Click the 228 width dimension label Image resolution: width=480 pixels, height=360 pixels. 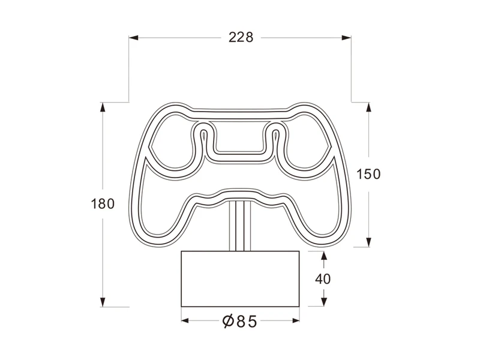coord(241,37)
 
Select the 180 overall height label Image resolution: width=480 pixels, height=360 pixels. coord(102,203)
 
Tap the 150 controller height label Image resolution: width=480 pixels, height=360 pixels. coord(368,174)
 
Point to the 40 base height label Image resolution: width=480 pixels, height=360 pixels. coord(323,278)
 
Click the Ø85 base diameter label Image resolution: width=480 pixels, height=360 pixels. coord(239,322)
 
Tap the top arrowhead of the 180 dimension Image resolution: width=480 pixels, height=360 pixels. coord(103,108)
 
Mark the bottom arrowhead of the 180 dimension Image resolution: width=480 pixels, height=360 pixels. coord(103,301)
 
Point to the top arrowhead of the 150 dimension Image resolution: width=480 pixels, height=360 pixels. coord(368,108)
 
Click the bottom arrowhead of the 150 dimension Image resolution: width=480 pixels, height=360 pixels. coord(368,242)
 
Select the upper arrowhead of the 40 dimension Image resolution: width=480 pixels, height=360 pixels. coord(324,257)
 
